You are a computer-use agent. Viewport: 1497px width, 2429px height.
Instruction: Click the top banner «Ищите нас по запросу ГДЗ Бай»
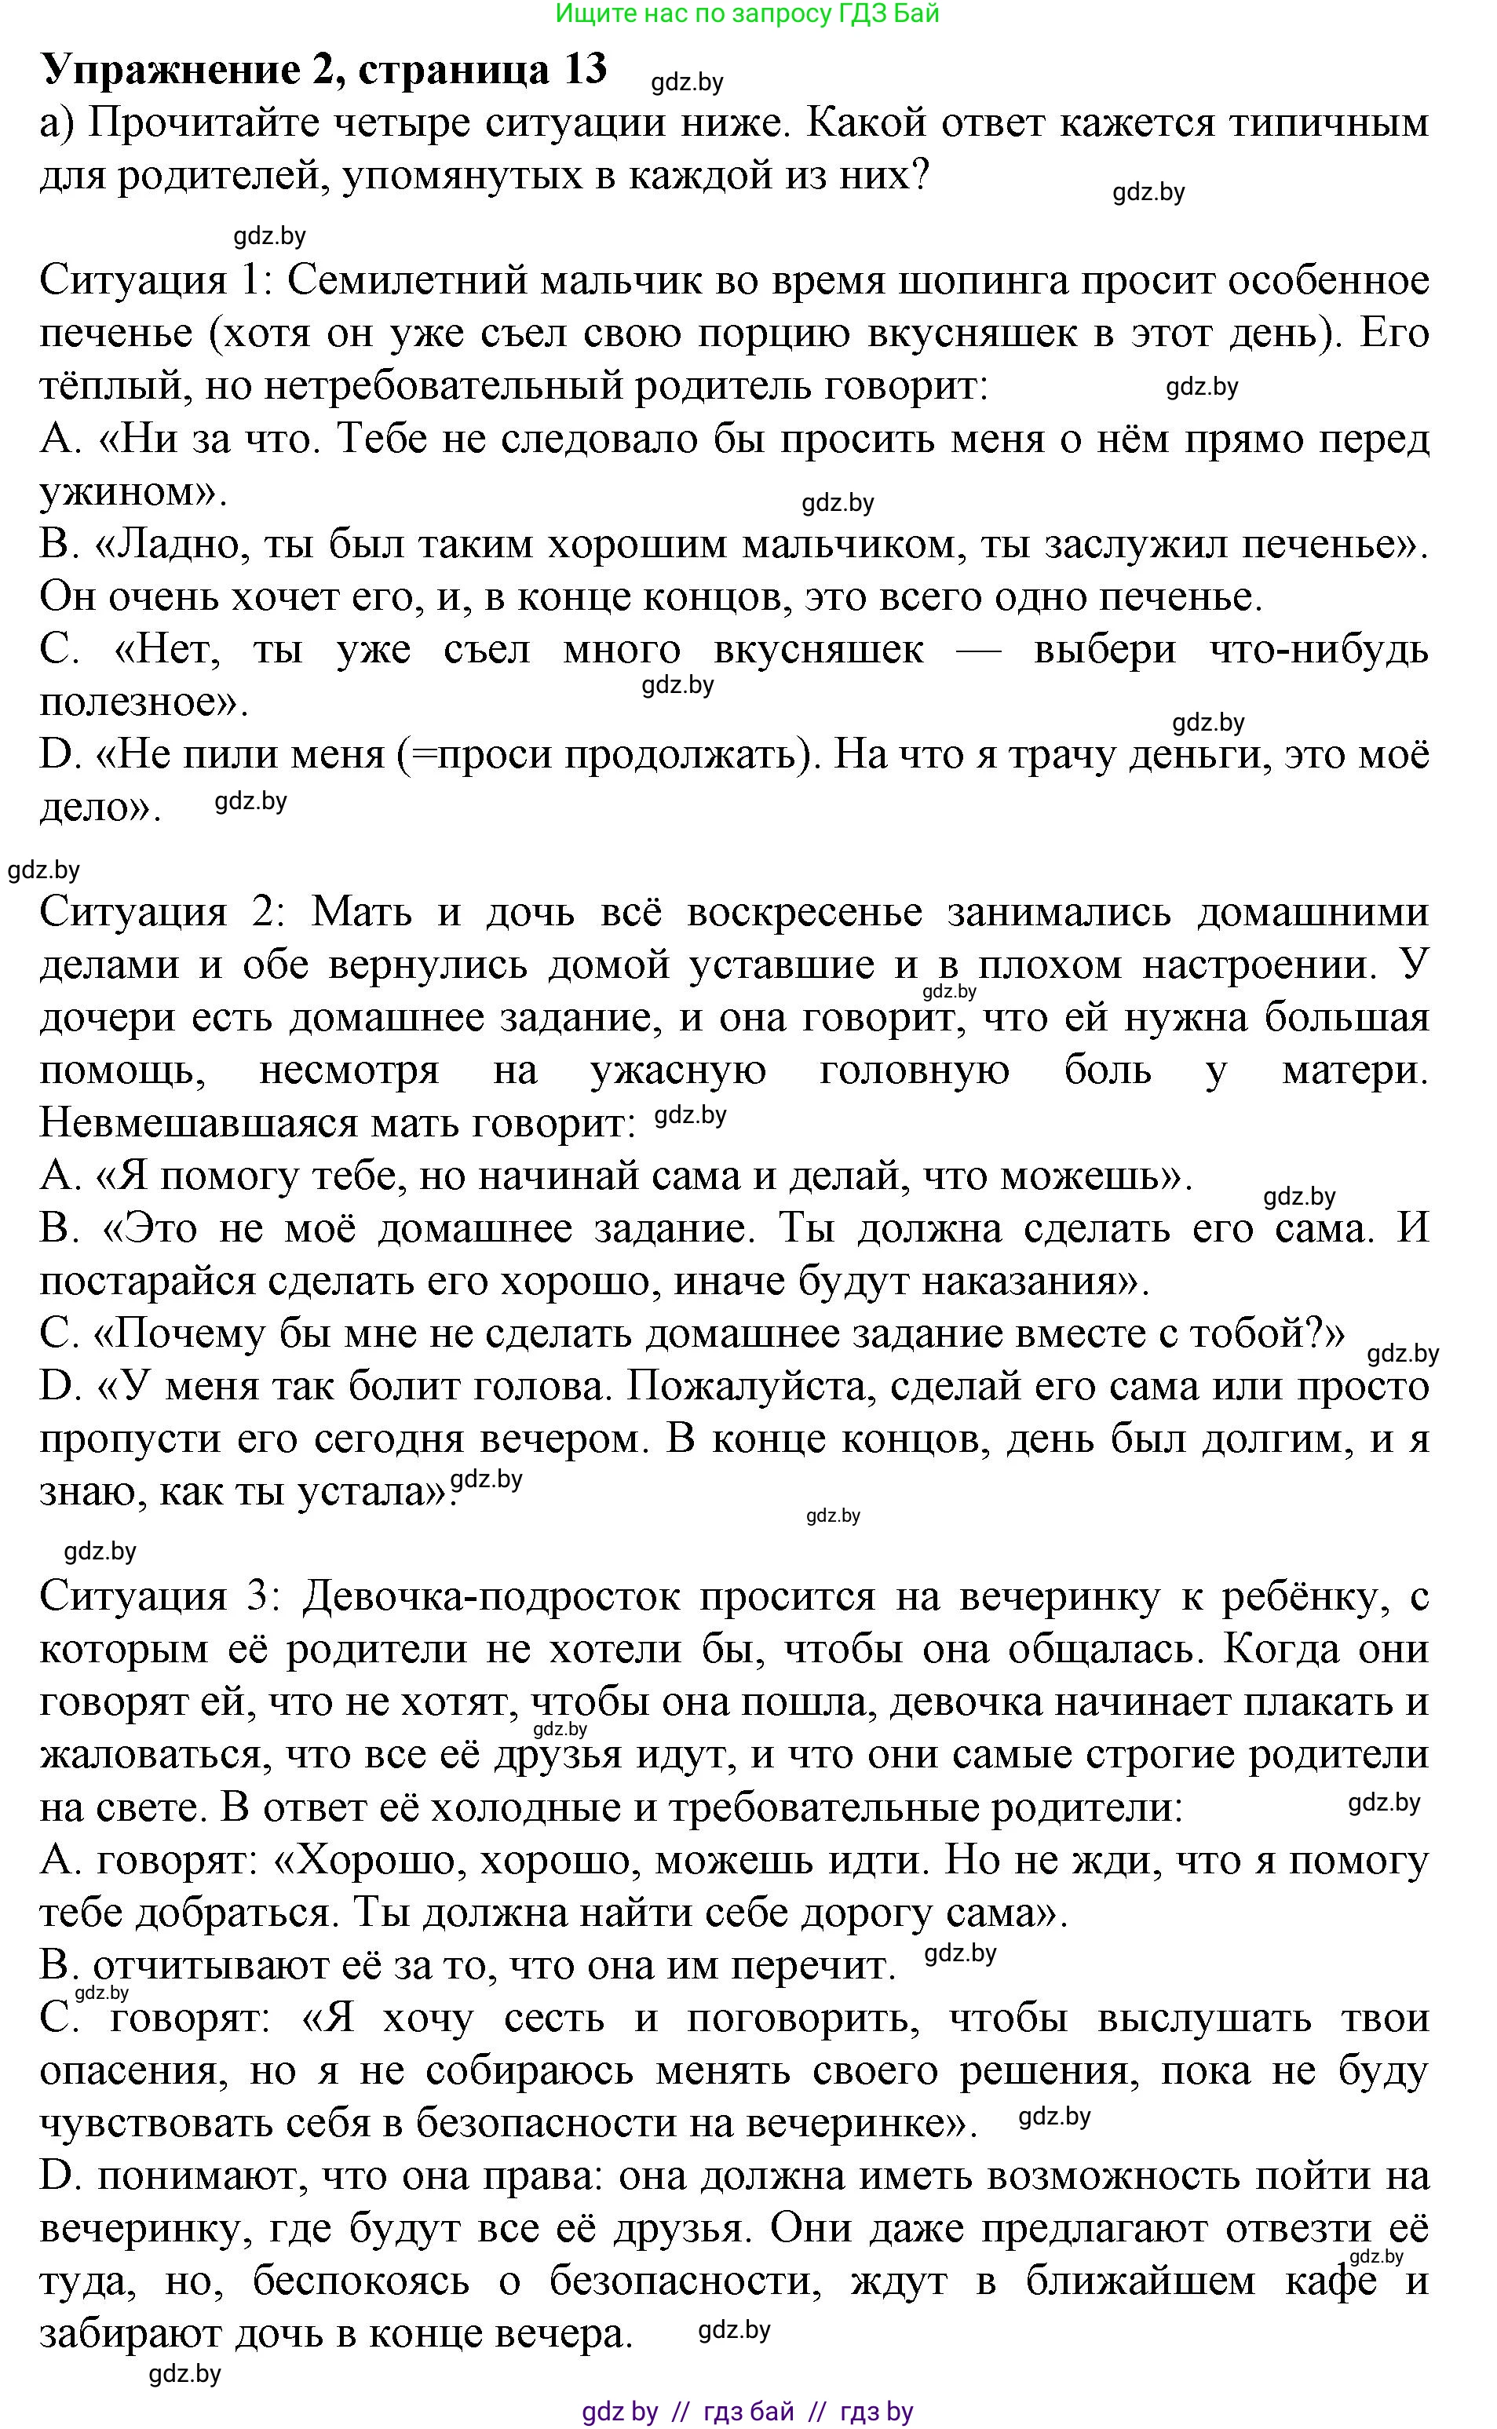coord(747,14)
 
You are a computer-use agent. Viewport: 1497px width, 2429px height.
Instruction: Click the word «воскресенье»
coord(804,910)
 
